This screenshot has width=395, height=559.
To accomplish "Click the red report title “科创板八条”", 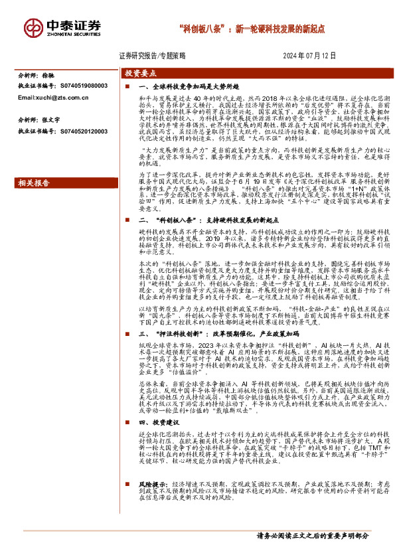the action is coord(202,29).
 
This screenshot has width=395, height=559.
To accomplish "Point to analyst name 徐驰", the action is coord(49,76).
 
